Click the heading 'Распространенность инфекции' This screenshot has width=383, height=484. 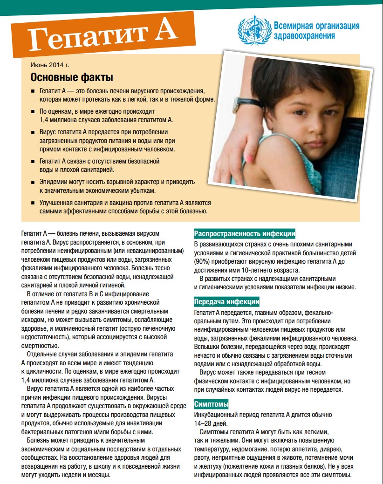click(244, 234)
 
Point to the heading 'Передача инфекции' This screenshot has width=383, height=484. click(226, 301)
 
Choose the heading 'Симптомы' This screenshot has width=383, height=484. click(211, 404)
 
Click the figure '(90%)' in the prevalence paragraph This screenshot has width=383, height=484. click(203, 261)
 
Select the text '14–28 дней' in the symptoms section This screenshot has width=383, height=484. click(211, 423)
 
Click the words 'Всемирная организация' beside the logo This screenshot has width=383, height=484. click(317, 26)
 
